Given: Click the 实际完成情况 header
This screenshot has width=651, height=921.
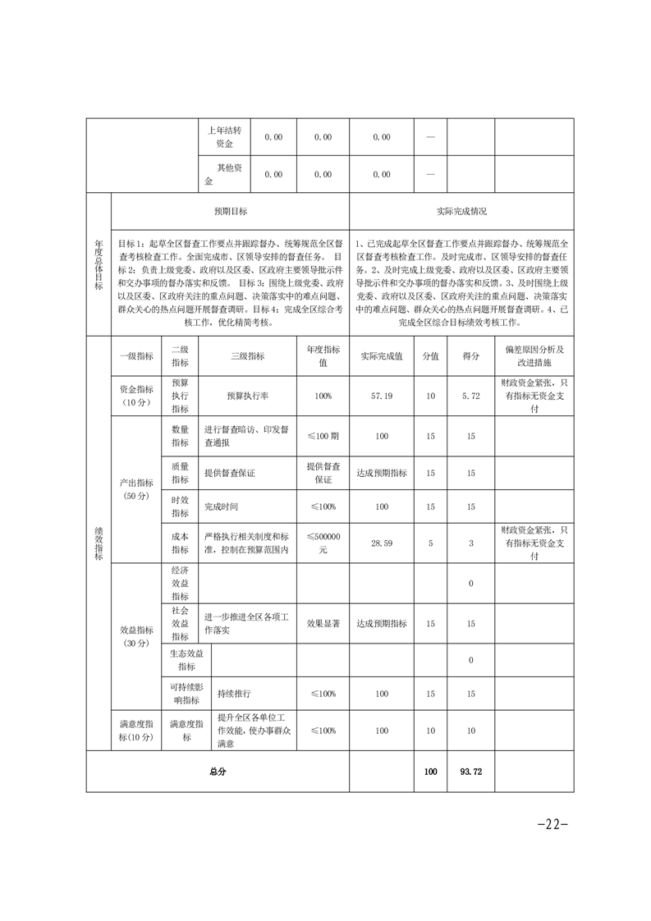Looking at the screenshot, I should pos(461,211).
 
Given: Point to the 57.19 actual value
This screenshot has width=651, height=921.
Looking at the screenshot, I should pos(382,396).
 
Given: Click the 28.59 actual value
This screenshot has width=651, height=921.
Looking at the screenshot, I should pos(382,543).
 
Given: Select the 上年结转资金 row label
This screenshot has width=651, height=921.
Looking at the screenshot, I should pos(224,137).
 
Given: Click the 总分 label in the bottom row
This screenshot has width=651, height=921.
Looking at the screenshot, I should pos(218,772).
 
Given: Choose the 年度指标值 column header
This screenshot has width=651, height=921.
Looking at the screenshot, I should pos(323,356).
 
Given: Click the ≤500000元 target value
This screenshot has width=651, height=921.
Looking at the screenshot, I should pos(323,543).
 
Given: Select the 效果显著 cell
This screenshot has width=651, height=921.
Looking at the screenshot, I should pos(323,624).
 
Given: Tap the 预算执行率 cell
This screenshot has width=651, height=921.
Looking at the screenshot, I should pos(248,396).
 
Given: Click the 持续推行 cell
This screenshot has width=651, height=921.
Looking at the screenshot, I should pos(234,694).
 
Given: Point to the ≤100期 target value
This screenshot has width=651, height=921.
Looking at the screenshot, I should pos(323,436).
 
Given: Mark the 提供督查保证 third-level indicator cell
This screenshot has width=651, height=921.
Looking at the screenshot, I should pos(232,473).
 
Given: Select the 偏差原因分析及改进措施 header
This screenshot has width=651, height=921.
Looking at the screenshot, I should pos(534,356).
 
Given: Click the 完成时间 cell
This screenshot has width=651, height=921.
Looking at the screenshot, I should pos(222,506).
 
